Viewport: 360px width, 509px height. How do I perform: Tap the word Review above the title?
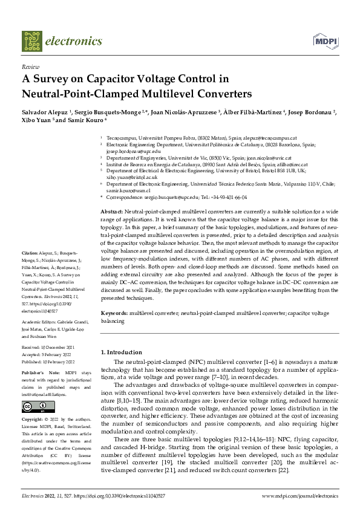pos(30,66)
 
